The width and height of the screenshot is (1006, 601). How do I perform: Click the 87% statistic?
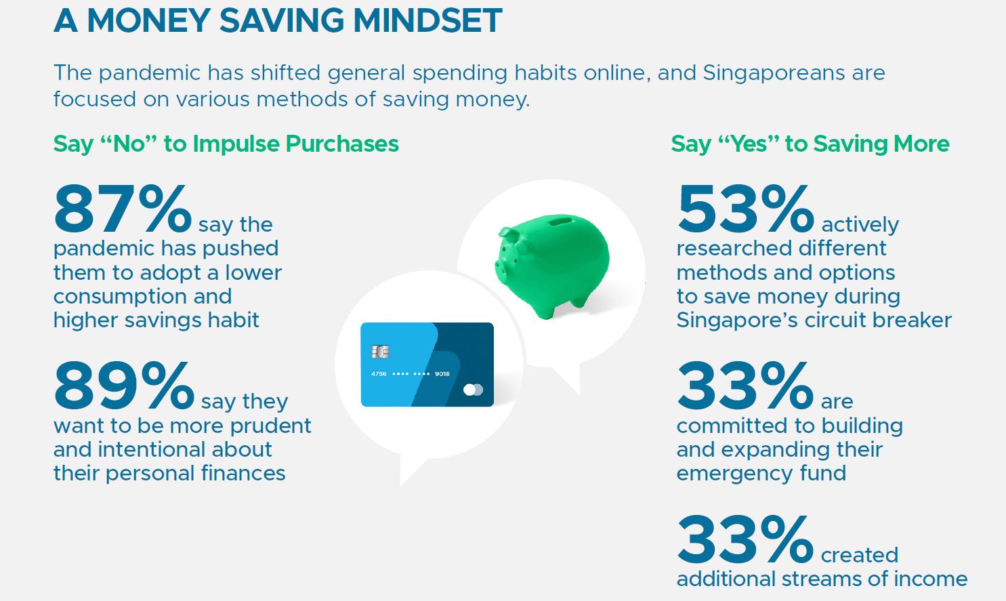tap(123, 209)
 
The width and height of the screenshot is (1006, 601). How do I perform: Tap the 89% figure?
tap(124, 386)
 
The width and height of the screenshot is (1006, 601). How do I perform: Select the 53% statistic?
tap(745, 209)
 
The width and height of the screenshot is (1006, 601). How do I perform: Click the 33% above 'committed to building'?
tap(745, 386)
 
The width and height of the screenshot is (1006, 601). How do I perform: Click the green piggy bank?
tap(552, 266)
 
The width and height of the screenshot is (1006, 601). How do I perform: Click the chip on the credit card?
tap(380, 351)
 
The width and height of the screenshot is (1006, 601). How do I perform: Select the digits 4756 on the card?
tap(379, 374)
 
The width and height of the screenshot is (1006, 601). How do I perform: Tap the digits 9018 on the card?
tap(442, 374)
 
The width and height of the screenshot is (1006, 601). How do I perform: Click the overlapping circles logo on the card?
tap(473, 390)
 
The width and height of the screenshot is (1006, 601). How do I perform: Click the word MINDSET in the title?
tap(427, 20)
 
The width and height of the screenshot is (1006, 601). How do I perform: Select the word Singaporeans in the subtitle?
tap(774, 72)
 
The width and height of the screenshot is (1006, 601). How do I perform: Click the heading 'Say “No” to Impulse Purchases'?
tap(226, 144)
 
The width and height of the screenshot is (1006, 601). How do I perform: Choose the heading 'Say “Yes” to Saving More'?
tap(810, 144)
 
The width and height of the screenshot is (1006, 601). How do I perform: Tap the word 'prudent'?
tap(271, 426)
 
